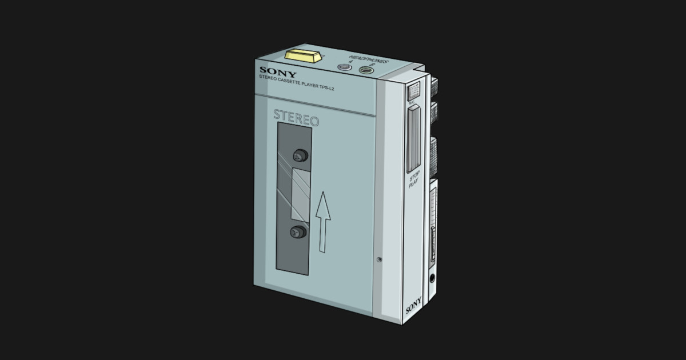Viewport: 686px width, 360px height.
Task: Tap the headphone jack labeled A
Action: [344, 67]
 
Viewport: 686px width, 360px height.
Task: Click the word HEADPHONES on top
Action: [369, 60]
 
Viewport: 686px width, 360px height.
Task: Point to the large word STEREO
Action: [296, 117]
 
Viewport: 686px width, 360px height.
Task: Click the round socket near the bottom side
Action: [431, 278]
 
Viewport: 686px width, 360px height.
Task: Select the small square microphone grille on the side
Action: [413, 90]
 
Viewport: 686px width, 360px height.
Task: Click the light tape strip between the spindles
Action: [300, 194]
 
